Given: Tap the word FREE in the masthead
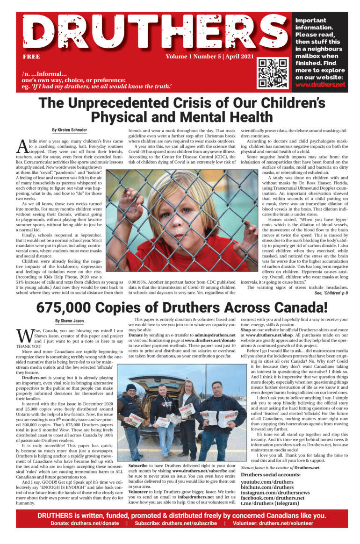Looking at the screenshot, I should tap(31, 57).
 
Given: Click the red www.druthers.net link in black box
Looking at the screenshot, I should tap(320, 85).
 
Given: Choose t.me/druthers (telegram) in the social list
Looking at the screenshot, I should tap(270, 503).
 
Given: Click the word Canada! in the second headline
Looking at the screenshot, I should tap(300, 294).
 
